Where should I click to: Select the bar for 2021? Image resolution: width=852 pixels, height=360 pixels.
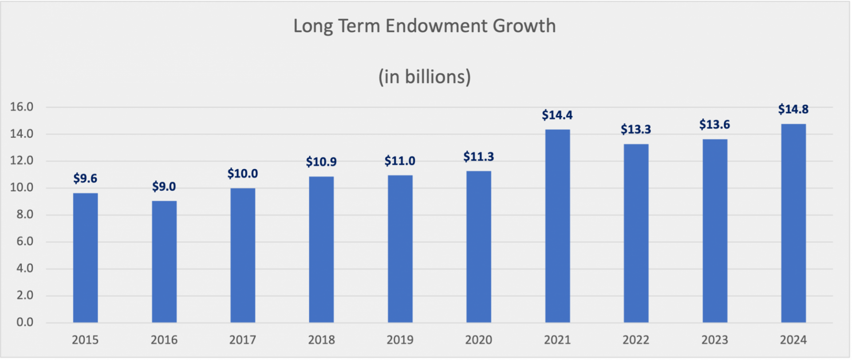click(557, 226)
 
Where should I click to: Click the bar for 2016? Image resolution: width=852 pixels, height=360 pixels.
click(164, 262)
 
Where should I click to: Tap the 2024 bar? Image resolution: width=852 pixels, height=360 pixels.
click(793, 223)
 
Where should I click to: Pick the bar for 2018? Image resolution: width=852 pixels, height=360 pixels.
click(321, 249)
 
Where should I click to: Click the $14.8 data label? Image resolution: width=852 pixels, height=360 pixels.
click(793, 109)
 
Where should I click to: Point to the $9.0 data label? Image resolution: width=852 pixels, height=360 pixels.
click(164, 186)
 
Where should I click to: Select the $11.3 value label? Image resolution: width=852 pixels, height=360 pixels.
click(478, 157)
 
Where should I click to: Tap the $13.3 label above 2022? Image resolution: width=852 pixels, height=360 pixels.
click(636, 130)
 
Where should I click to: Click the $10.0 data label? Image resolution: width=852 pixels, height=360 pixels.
click(243, 174)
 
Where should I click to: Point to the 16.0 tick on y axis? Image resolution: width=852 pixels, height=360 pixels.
click(22, 107)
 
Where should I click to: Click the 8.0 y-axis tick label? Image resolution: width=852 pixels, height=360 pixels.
click(25, 214)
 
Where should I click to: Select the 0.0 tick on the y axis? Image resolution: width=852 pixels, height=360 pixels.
click(25, 322)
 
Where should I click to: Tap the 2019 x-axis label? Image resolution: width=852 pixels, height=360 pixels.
click(400, 340)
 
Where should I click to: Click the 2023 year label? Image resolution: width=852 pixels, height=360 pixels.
click(714, 340)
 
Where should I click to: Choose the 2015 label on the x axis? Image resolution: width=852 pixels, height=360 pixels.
click(85, 340)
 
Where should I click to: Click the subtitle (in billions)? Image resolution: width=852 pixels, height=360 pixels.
click(425, 77)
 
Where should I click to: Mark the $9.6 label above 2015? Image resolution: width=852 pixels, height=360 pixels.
click(85, 178)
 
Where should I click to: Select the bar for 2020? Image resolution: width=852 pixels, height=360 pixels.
click(478, 247)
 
